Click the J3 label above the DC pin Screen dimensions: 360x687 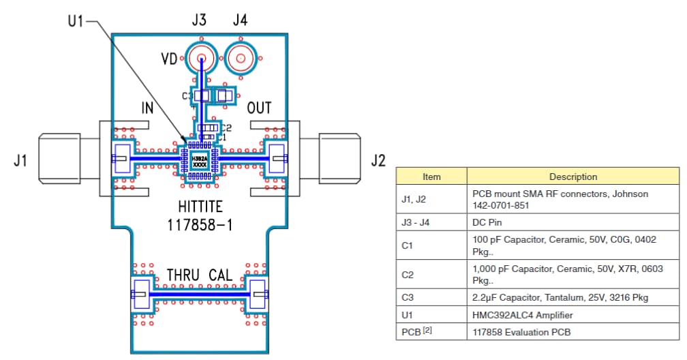pos(199,20)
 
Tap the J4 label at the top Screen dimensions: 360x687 pos(240,20)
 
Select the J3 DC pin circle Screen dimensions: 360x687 pos(202,59)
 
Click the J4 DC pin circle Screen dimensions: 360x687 pos(240,59)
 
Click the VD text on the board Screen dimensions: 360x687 pos(169,59)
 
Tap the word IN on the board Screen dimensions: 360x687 pos(147,108)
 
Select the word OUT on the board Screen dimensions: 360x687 pos(259,108)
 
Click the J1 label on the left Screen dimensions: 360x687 pos(20,162)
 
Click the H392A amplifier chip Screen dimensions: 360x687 pos(200,161)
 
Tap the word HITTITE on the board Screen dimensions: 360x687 pos(200,207)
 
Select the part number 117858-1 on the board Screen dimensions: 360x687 pos(200,226)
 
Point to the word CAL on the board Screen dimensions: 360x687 pos(222,275)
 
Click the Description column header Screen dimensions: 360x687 pos(573,177)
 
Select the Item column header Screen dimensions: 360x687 pos(431,177)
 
